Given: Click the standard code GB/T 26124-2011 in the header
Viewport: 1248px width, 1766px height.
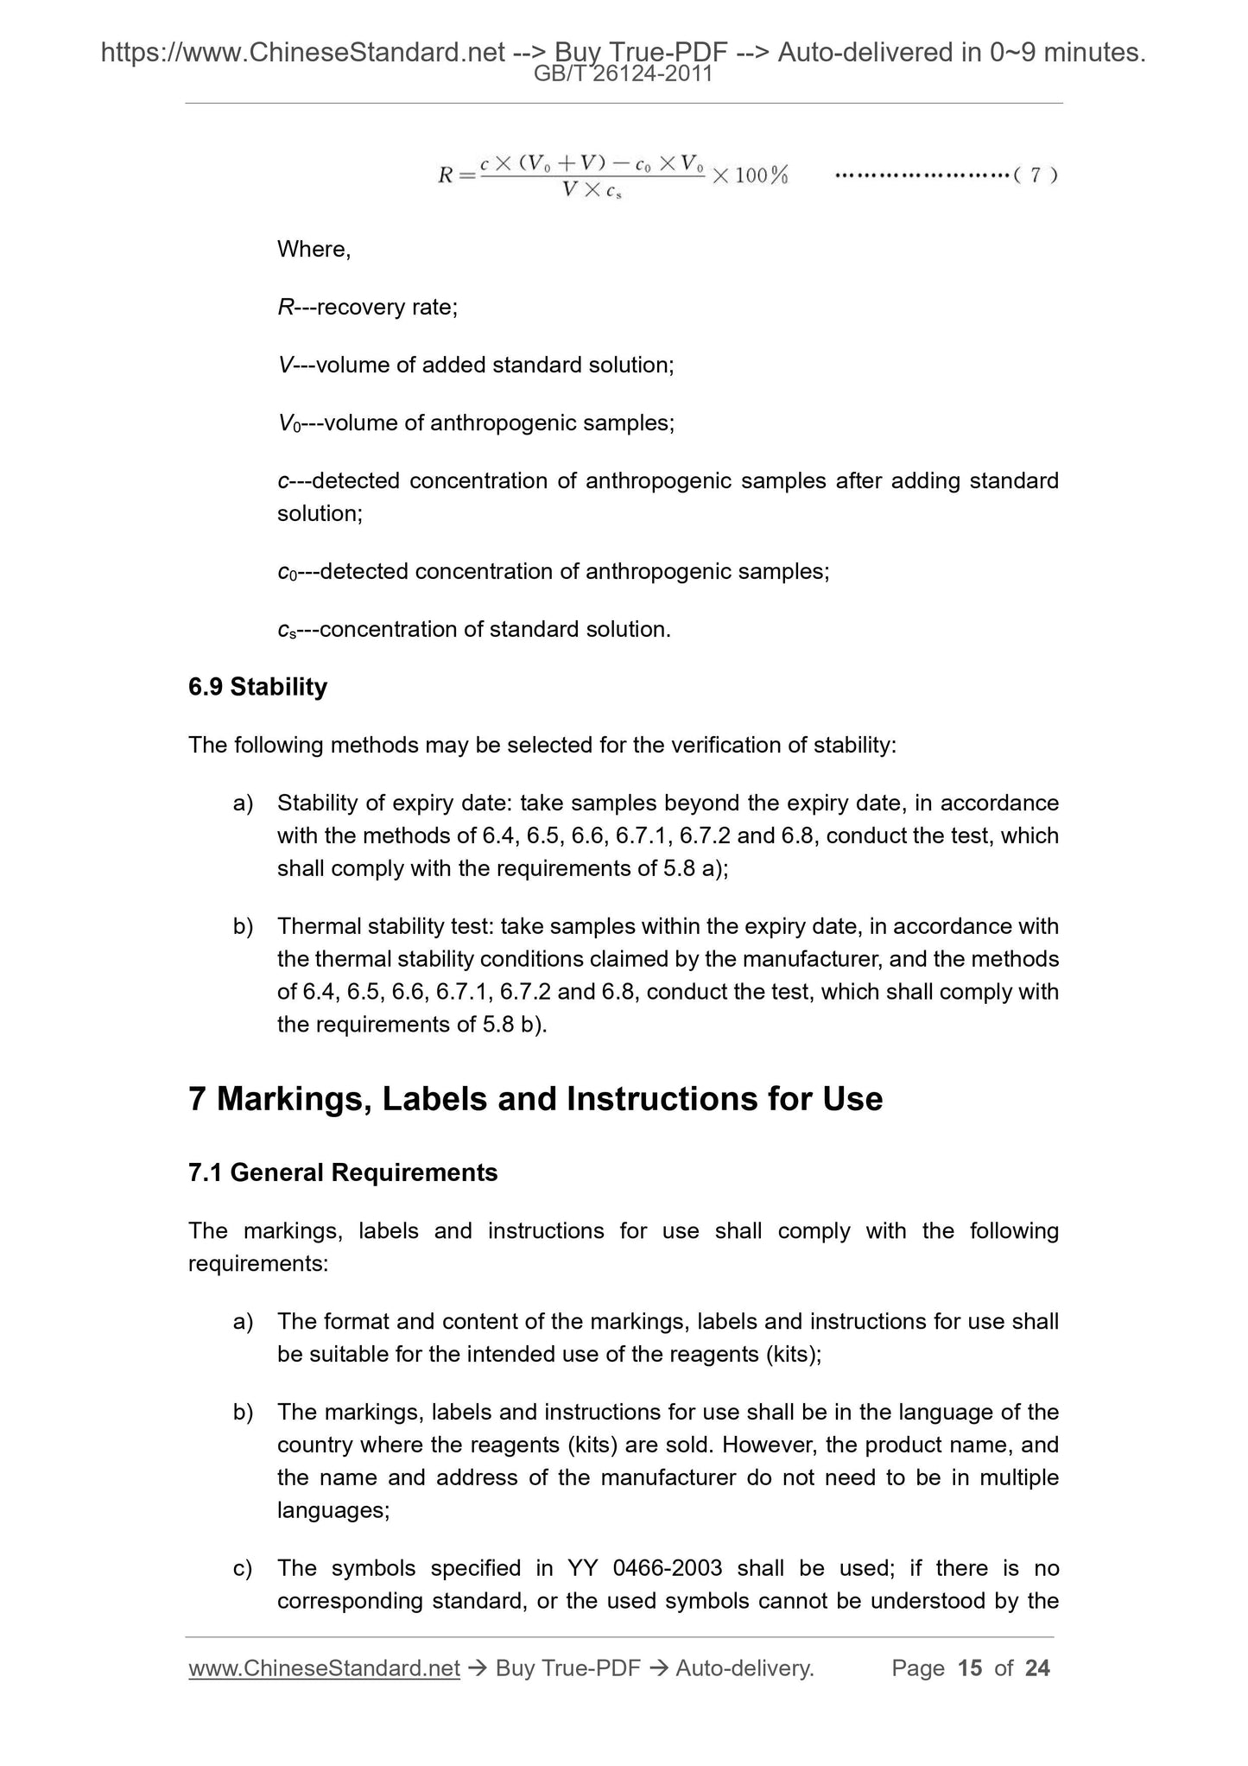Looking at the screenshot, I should [x=624, y=74].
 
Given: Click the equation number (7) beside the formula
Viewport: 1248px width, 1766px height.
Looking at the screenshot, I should [x=1035, y=175].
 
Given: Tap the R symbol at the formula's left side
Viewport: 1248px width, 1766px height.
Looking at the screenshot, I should [x=446, y=176].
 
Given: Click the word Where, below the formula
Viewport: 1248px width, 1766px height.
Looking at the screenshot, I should [x=314, y=250].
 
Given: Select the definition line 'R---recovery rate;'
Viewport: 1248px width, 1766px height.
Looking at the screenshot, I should [x=367, y=308].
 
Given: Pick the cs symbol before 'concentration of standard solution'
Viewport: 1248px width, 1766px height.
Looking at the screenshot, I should [x=287, y=631].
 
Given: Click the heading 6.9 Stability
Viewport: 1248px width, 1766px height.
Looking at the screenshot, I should [x=257, y=688].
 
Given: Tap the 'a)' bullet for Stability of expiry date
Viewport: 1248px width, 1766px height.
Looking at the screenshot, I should [x=243, y=804].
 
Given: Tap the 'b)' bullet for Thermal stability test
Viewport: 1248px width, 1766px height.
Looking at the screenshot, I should [x=243, y=927].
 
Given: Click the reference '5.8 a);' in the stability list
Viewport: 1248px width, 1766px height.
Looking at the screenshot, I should [x=695, y=869].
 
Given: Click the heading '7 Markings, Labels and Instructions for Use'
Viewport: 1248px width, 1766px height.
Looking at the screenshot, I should [x=535, y=1100].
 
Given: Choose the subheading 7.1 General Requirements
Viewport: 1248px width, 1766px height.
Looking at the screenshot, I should [x=343, y=1173].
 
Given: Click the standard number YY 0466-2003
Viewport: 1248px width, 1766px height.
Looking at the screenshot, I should [x=644, y=1568].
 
